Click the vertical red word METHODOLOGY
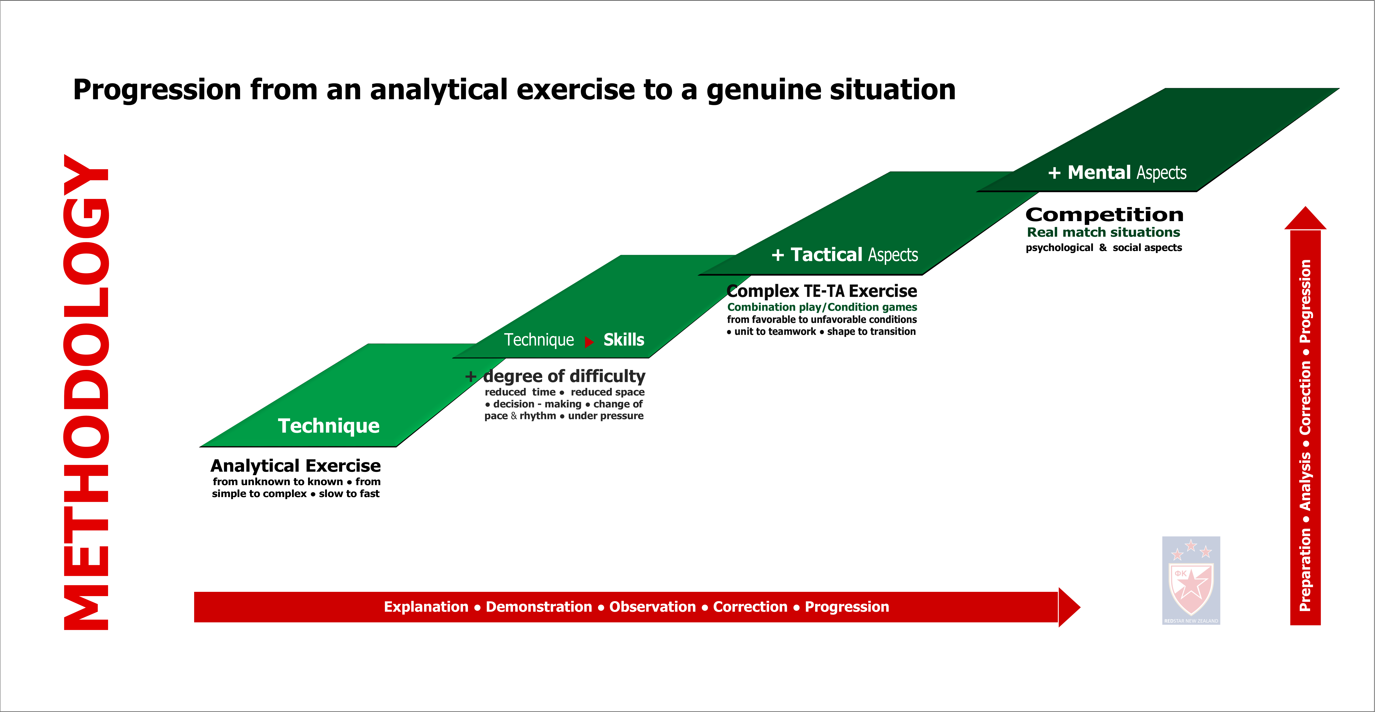coord(86,392)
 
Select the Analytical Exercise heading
coord(296,465)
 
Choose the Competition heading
coord(1104,215)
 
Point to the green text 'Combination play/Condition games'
coord(822,307)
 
